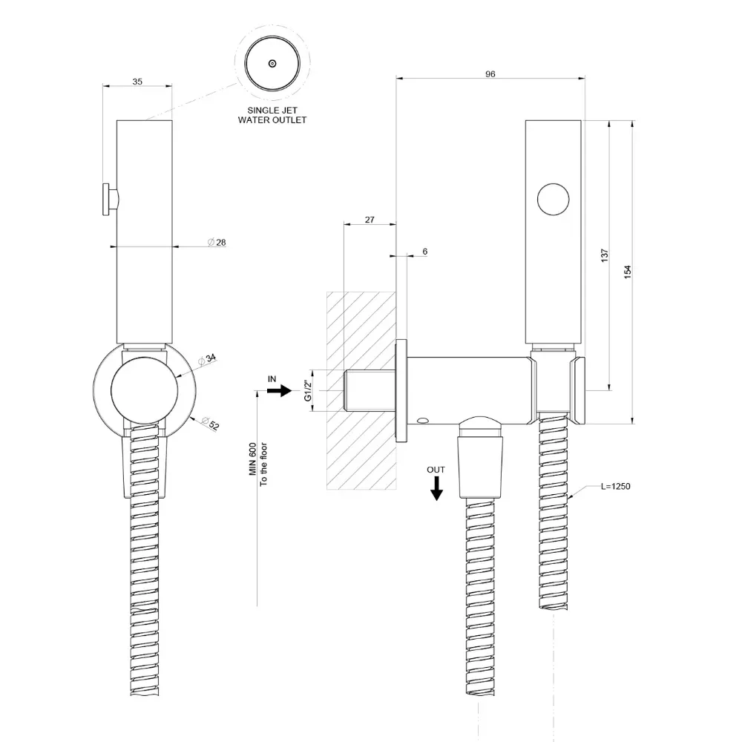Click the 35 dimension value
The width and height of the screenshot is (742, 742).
click(137, 82)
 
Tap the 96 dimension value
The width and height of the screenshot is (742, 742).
click(490, 73)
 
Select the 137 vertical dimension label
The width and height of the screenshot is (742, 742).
click(604, 255)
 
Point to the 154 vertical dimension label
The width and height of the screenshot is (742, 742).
click(628, 272)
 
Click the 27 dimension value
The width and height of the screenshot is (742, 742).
click(370, 220)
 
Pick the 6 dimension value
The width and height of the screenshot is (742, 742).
click(425, 252)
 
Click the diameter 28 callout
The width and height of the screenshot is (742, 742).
click(217, 243)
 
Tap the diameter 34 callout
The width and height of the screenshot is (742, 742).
click(207, 359)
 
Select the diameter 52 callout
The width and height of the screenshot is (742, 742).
click(211, 423)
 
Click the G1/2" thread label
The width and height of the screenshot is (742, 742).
click(308, 390)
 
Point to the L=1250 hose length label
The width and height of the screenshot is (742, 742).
click(616, 487)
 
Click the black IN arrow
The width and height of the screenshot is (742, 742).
click(279, 390)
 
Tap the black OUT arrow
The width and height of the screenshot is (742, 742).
click(436, 488)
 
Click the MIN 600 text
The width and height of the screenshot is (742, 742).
click(253, 459)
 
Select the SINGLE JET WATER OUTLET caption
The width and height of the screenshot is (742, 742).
click(272, 115)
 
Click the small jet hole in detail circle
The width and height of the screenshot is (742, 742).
click(272, 63)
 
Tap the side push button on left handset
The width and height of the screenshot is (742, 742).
click(111, 200)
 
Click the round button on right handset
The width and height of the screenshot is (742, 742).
click(554, 199)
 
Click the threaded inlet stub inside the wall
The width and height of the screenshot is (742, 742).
click(369, 390)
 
